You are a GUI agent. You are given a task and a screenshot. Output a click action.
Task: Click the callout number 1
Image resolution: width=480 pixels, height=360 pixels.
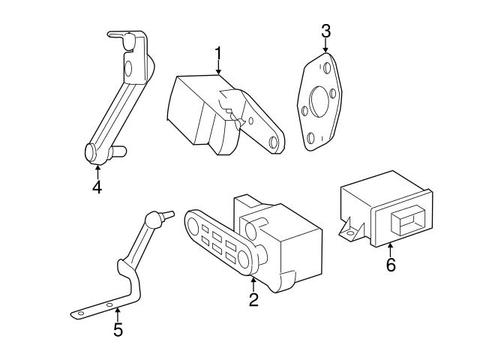click(x=218, y=54)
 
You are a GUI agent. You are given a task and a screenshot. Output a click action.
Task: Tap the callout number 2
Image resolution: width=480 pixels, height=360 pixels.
click(x=253, y=300)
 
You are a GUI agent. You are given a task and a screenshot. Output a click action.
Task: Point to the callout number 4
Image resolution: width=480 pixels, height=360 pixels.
click(x=97, y=186)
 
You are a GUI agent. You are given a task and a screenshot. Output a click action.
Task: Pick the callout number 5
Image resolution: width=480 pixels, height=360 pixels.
click(x=118, y=329)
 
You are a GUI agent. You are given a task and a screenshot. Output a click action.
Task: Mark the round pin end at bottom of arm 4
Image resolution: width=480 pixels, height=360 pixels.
click(x=91, y=151)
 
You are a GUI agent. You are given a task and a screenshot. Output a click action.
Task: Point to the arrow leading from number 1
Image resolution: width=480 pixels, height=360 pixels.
click(x=218, y=67)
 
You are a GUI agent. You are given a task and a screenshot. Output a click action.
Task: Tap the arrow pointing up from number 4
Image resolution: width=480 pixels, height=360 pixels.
click(x=97, y=169)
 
